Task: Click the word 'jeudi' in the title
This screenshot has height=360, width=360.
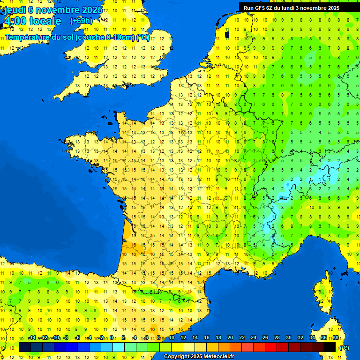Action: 15,10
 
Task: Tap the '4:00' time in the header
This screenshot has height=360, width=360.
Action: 15,21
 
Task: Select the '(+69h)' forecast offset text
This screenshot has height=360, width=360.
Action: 81,21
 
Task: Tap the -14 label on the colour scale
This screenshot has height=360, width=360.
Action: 32,338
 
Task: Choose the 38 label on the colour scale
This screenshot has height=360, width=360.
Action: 336,338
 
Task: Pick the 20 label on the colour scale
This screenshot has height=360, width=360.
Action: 230,338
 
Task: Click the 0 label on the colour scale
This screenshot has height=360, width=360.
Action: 111,338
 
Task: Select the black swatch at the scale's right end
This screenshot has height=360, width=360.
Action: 330,347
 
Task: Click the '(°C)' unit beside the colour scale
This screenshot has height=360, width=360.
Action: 344,348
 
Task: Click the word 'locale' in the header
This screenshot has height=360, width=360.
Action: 45,21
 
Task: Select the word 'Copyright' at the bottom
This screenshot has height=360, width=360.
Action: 177,357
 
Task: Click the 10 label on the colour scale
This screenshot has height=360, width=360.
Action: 171,338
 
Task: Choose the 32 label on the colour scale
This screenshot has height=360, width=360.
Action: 300,338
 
